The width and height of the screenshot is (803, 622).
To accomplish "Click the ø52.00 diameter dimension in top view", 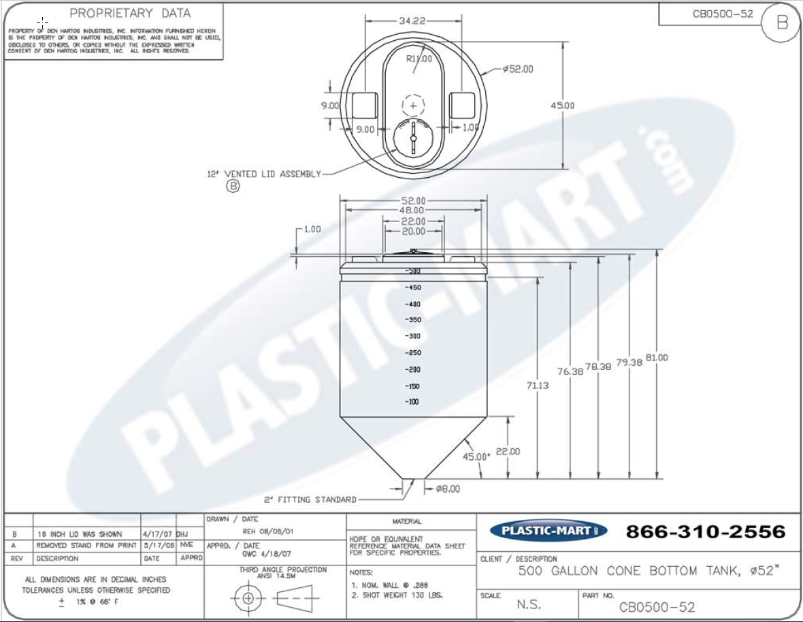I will tap(518, 69).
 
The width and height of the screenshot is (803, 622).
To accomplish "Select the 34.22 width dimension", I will tap(412, 20).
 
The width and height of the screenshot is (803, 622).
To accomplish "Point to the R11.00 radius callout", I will tap(419, 59).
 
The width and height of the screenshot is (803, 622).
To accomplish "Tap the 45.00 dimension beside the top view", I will tap(563, 105).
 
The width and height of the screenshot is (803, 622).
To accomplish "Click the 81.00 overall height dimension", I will tap(657, 357).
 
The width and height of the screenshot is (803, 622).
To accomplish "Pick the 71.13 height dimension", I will tap(538, 385).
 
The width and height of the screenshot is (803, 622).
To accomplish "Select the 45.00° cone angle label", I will tap(476, 456).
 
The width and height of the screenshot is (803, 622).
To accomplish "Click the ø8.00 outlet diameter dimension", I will tap(448, 488).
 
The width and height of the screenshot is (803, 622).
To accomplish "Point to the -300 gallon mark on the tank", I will tap(412, 336).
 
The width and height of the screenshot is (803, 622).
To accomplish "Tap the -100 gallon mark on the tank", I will tap(412, 402).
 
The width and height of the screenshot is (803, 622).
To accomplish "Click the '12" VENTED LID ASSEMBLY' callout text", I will tap(264, 174).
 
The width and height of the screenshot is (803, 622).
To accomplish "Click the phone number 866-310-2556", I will tap(705, 531).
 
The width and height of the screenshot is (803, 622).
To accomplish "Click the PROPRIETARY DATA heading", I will tap(131, 13).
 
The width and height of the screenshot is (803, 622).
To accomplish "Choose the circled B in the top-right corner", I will tap(782, 22).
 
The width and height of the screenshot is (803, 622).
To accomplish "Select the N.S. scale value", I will tap(529, 604).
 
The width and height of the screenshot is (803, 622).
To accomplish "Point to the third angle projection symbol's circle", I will tap(248, 598).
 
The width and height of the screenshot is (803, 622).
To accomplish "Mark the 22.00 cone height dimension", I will tap(508, 451).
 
